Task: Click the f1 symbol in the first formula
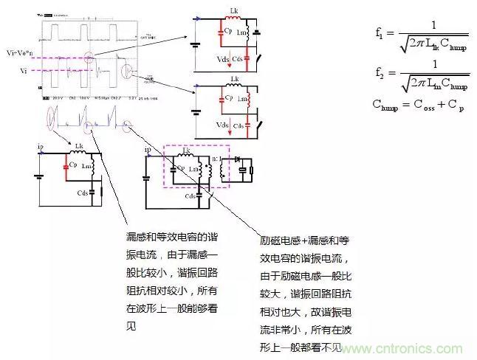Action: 380,33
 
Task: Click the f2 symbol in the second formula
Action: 380,73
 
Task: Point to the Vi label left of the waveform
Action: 22,71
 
